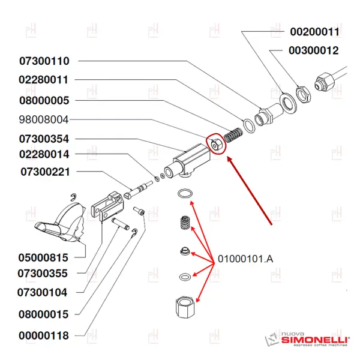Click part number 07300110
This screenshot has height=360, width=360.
[44, 61]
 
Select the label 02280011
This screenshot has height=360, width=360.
[44, 80]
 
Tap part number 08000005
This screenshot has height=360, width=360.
[44, 100]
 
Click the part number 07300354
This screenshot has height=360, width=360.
[44, 139]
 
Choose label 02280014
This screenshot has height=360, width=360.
[44, 154]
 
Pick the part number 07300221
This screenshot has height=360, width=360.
[46, 172]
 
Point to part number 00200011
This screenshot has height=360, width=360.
[315, 31]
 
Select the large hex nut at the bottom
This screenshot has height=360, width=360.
[185, 310]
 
